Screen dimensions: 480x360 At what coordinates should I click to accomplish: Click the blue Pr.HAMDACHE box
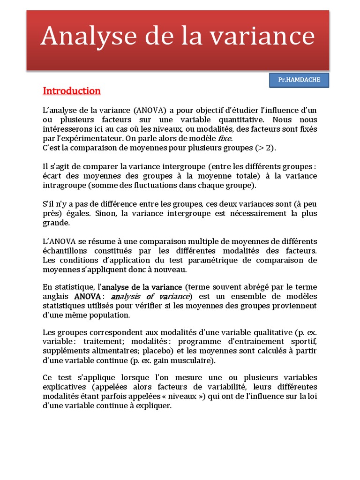pos(299,80)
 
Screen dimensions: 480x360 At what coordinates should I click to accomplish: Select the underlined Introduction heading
pos(72,90)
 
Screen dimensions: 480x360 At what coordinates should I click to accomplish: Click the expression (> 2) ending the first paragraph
pos(266,148)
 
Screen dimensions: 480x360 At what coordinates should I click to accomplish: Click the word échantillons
pos(64,251)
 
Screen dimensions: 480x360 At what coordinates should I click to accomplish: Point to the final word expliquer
pos(155,405)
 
